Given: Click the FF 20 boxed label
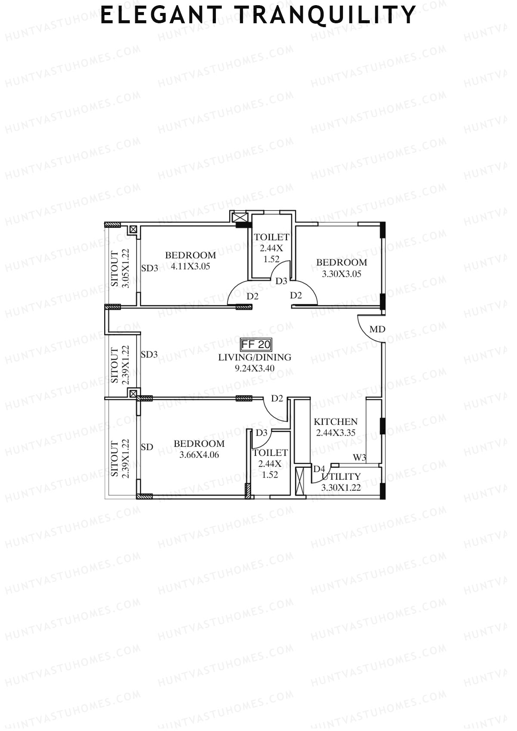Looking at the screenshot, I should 255,345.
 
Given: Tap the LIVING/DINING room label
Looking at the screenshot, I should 255,357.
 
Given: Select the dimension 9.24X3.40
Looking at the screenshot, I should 255,368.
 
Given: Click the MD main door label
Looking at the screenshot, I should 377,330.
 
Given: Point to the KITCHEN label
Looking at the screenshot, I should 336,422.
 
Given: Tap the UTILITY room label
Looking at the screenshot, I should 341,477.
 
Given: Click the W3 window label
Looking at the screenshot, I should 359,457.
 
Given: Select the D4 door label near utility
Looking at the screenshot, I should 319,469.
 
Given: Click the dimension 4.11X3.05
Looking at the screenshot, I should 190,266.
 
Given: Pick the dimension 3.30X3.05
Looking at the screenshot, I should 342,274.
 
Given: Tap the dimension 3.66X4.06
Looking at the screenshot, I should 199,454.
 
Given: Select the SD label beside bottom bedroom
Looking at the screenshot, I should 147,447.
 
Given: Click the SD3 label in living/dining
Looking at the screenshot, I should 149,355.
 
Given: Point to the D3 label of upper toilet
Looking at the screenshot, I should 281,281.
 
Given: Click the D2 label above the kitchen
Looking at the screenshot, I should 277,398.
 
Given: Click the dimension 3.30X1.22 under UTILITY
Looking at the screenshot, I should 341,488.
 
